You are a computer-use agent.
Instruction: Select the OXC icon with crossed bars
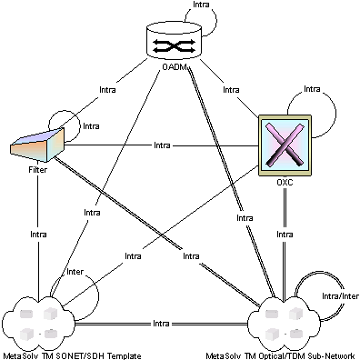pyautogui.click(x=285, y=145)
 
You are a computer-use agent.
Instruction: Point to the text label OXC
pyautogui.click(x=285, y=183)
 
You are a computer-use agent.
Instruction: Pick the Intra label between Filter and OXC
pyautogui.click(x=162, y=145)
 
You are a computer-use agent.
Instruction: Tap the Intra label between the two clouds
pyautogui.click(x=161, y=324)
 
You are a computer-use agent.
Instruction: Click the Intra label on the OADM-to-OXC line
pyautogui.click(x=232, y=90)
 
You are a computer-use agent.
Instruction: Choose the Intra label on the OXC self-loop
pyautogui.click(x=312, y=89)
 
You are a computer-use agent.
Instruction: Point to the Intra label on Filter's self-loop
pyautogui.click(x=91, y=126)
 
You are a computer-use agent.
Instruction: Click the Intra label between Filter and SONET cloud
pyautogui.click(x=38, y=234)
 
